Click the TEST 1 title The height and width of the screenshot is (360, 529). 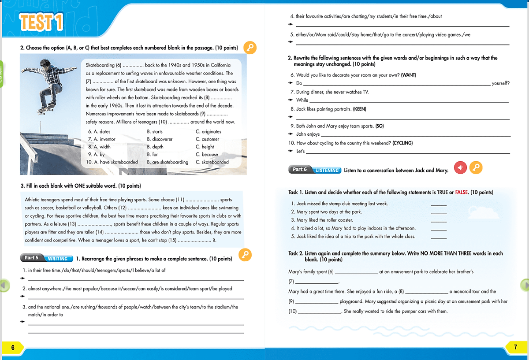tap(41, 22)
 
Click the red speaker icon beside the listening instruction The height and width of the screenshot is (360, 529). tap(460, 167)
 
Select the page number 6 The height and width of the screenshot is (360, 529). tap(13, 348)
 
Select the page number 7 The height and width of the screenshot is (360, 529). tap(515, 347)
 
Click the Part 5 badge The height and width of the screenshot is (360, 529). tap(31, 258)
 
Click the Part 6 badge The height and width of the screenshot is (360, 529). tap(300, 170)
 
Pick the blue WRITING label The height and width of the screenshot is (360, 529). tap(57, 258)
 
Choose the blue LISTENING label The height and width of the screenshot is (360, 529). tap(327, 170)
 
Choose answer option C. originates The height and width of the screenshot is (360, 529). tap(208, 131)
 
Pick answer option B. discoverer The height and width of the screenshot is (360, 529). tap(160, 139)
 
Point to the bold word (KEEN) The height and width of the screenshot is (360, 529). tap(359, 109)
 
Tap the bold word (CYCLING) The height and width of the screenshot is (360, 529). tap(402, 143)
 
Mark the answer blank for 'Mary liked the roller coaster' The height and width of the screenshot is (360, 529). tap(438, 220)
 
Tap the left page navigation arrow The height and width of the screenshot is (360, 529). tap(4, 286)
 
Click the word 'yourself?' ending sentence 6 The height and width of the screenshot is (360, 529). tap(500, 83)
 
